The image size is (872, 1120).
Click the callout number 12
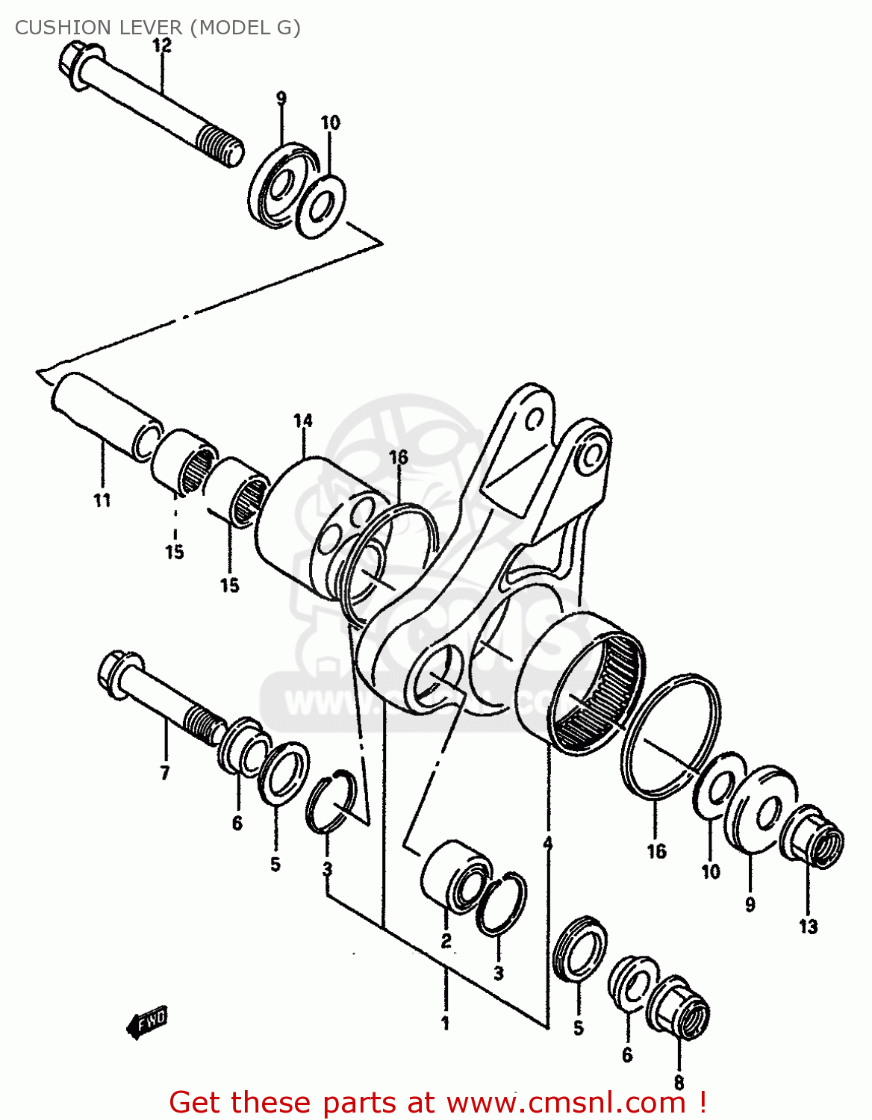click(162, 46)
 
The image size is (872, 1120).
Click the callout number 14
click(303, 421)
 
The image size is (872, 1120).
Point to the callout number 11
click(102, 500)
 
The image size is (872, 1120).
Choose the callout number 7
click(165, 773)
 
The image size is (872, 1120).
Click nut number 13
click(813, 837)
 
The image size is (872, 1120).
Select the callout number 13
click(809, 927)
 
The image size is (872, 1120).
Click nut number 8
click(679, 1007)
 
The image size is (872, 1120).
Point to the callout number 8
click(679, 1082)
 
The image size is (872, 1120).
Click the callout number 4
click(548, 843)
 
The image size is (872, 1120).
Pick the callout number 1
click(445, 1023)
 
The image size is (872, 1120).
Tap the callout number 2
click(446, 941)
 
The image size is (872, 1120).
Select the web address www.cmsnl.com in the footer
click(565, 1103)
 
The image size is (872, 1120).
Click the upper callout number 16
click(399, 457)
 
